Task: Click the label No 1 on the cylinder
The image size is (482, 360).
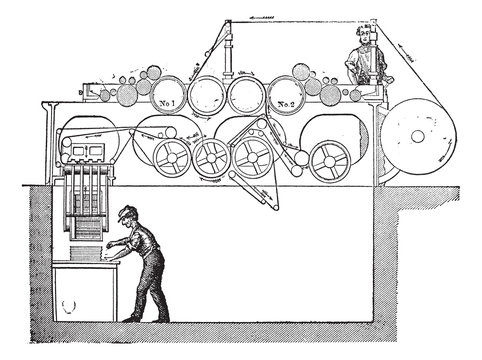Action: point(167,103)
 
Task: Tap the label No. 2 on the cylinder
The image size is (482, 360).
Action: point(286,104)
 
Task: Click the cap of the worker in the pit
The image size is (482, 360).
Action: point(127,213)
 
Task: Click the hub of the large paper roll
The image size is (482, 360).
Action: point(417,136)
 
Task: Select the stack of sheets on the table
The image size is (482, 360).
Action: point(85,254)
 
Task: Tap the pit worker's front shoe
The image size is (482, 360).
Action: point(131,319)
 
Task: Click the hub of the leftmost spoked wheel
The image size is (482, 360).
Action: point(172,157)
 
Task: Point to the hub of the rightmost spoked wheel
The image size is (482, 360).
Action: point(329,162)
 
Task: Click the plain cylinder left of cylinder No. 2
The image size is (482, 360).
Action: point(246,95)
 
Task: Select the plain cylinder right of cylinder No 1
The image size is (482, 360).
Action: point(207,95)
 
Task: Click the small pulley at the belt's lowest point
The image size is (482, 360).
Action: point(275,208)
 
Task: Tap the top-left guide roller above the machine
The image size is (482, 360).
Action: point(228,22)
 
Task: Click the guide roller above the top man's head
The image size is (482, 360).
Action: point(374,22)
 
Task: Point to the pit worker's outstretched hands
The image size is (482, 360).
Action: point(109,249)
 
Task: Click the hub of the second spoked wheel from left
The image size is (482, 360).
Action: point(211,157)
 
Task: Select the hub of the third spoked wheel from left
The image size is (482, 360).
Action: point(252,157)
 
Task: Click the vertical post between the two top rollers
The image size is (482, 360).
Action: point(228,53)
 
